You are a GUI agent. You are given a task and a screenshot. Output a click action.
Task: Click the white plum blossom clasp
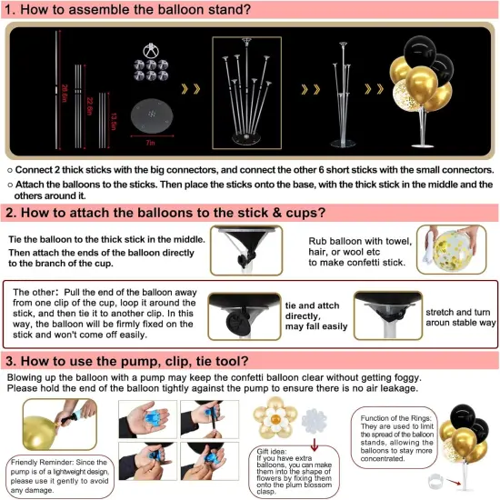tap(316, 416)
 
